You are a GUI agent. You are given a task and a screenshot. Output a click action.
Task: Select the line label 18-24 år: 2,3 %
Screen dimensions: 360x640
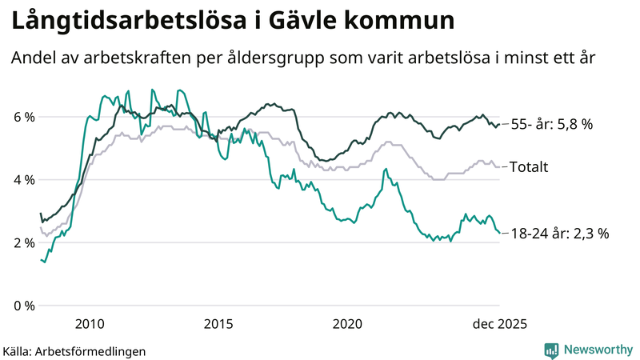pyautogui.click(x=560, y=234)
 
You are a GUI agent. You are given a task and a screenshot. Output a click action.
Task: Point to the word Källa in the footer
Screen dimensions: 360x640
pyautogui.click(x=18, y=350)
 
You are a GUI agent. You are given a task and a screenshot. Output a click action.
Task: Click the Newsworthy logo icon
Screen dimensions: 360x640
pyautogui.click(x=551, y=350)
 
